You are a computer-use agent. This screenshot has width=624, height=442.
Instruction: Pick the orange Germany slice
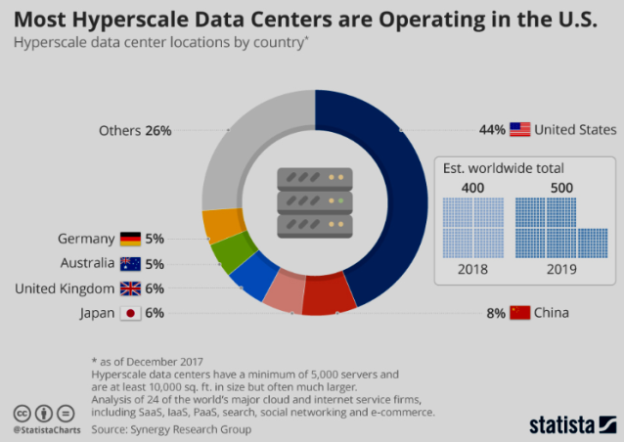pos(217,224)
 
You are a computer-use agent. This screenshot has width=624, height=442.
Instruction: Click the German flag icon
pos(130,239)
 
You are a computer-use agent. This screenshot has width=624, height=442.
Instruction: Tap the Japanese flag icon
pos(130,313)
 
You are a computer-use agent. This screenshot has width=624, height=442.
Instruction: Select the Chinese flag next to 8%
pos(520,313)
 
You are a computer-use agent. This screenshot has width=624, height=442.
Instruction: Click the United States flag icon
pos(519,129)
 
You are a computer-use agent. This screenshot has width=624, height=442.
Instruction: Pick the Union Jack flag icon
pos(130,288)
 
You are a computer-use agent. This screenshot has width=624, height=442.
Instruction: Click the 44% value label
pos(492,129)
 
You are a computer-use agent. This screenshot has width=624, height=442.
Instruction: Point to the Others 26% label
pos(135,130)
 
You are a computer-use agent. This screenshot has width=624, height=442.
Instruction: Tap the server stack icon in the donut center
pos(314,201)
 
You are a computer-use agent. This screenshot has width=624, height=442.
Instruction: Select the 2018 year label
pos(473,268)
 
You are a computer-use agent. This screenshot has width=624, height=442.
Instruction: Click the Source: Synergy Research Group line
pos(171,428)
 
